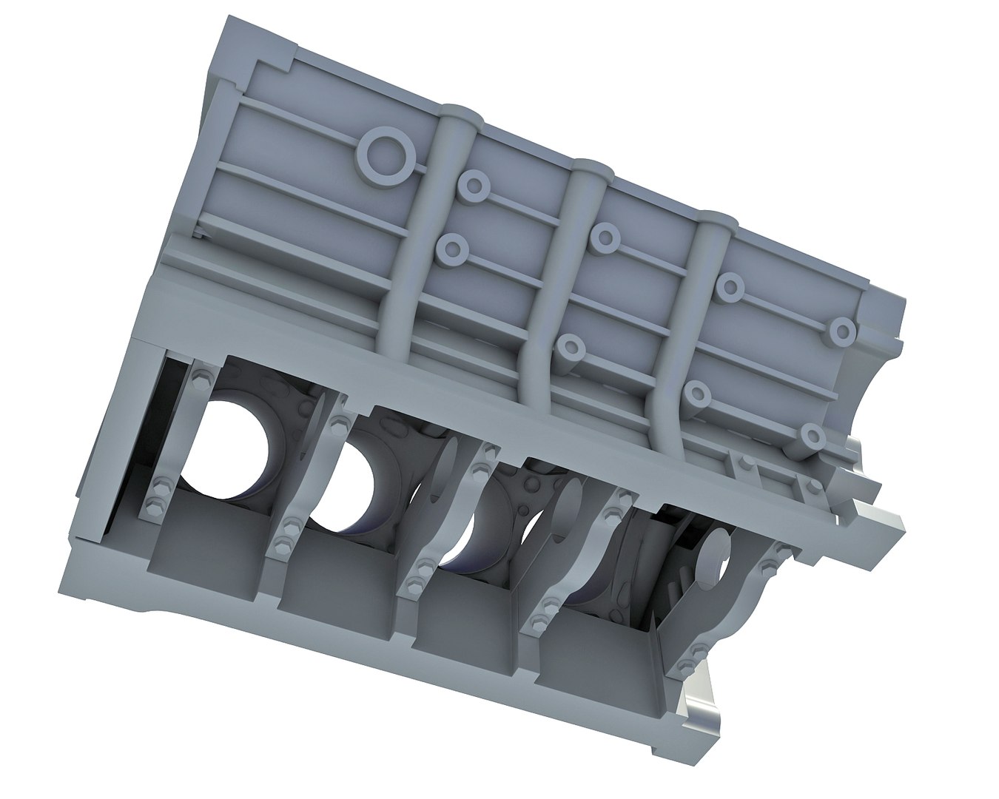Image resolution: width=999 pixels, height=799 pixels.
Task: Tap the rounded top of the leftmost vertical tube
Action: point(461,117)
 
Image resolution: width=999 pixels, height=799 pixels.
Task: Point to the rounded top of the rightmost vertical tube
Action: point(714,220)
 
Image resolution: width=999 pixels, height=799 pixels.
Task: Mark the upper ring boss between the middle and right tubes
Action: point(605,236)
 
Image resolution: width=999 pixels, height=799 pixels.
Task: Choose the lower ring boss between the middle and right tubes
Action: point(569,345)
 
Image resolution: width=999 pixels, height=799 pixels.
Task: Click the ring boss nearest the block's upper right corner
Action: point(842,330)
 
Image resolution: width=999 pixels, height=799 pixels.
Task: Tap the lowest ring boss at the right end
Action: point(812,436)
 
